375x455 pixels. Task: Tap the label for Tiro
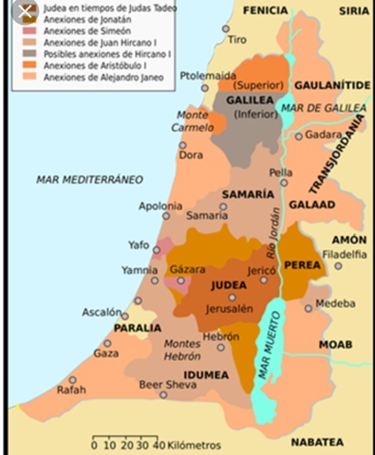coord(237,41)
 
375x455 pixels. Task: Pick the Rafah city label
coord(71,389)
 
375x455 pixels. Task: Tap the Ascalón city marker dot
coord(123,315)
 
